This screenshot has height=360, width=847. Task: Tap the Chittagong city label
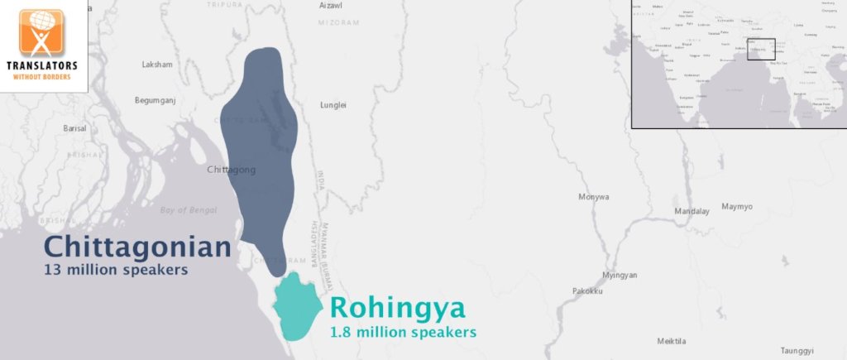click(x=231, y=170)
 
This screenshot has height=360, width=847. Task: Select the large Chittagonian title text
click(x=137, y=247)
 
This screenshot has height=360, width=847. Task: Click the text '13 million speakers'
click(x=116, y=270)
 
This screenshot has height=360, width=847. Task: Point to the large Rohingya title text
click(x=397, y=309)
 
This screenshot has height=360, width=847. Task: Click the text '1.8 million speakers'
click(x=403, y=332)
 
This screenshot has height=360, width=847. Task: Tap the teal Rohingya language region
click(x=299, y=306)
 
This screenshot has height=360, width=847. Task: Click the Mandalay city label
click(x=691, y=211)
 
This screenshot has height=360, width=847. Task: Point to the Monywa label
click(x=594, y=197)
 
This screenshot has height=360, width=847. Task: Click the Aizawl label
click(x=330, y=6)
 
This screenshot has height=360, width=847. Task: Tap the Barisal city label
click(x=74, y=128)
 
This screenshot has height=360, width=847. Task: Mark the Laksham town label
click(x=157, y=64)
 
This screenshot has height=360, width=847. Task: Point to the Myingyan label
click(x=620, y=275)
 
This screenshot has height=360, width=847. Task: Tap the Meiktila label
click(x=672, y=341)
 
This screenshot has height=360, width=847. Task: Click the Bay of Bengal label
click(x=189, y=210)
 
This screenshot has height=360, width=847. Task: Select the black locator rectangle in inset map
click(x=760, y=49)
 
